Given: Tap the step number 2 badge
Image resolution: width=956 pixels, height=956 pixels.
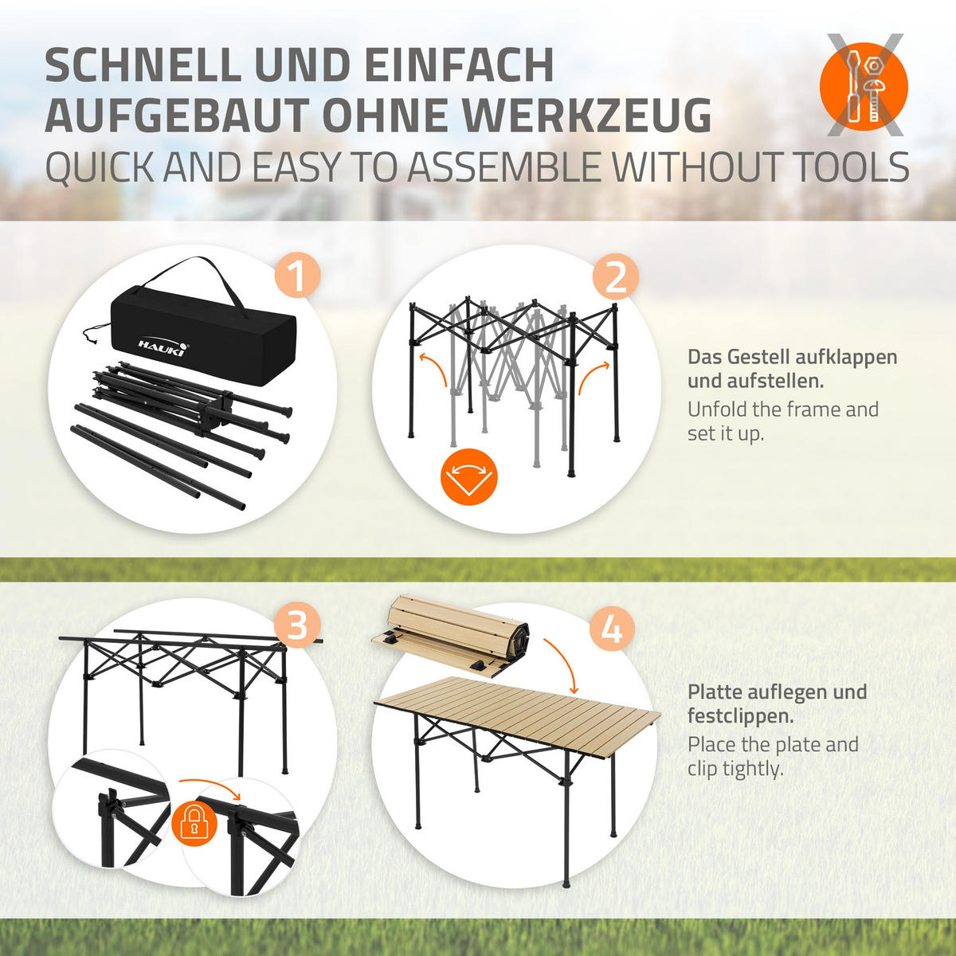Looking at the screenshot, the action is coord(616,277).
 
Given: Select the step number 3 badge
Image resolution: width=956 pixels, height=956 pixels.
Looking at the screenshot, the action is coord(297,625).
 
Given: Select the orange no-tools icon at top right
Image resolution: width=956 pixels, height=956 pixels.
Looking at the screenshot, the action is coord(864,85).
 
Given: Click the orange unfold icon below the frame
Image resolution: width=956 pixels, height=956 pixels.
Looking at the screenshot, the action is coord(468,476).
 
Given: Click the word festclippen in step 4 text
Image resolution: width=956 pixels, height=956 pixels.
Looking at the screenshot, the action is coord(740,716).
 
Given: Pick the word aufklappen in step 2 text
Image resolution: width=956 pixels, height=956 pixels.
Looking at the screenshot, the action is coord(847,357).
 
